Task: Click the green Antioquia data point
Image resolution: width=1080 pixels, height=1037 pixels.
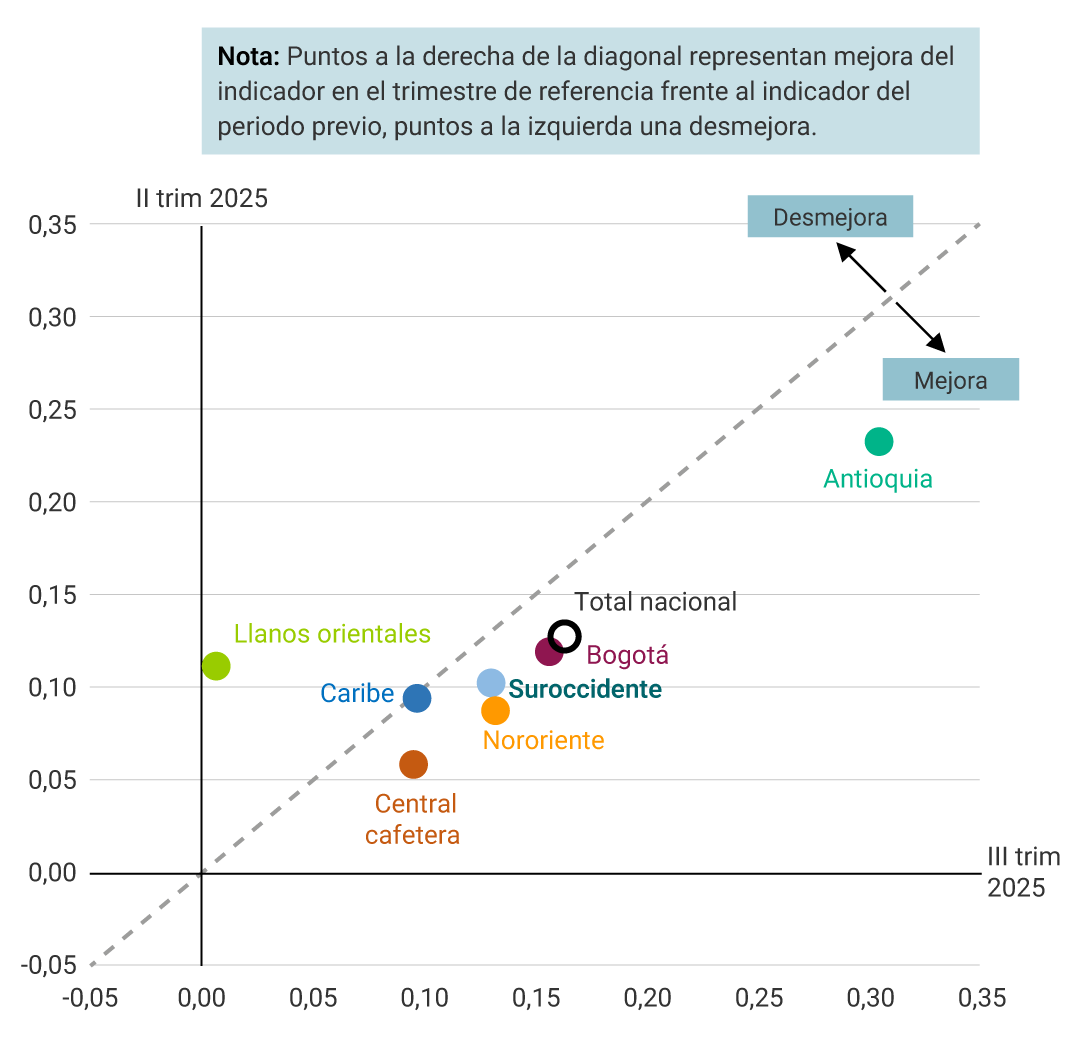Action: tap(878, 441)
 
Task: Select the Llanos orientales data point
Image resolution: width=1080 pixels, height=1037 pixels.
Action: tap(216, 666)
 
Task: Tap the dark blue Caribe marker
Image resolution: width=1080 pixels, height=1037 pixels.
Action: tap(417, 698)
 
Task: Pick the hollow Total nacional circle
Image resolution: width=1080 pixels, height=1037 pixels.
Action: tap(564, 635)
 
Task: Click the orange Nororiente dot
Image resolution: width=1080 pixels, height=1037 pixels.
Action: tap(495, 710)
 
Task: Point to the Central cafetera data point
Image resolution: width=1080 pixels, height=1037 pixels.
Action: tap(413, 764)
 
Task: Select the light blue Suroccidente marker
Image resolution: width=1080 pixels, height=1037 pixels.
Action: tap(490, 683)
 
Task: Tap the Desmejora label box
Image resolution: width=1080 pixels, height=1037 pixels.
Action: tap(830, 217)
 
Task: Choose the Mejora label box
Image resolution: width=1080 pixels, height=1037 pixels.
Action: tap(950, 380)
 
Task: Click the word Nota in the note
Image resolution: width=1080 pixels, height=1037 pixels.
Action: tap(247, 56)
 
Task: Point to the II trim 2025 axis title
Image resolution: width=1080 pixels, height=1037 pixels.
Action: tap(202, 198)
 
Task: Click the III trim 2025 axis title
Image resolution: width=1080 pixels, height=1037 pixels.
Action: tap(1023, 872)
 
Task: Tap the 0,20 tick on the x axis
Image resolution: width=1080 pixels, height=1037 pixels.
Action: tap(647, 997)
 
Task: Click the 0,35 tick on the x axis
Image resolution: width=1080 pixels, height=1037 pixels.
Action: tap(980, 997)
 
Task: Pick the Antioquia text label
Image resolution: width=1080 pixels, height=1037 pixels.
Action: tap(877, 479)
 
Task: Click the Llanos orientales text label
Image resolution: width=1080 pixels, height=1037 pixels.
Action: tap(332, 634)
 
